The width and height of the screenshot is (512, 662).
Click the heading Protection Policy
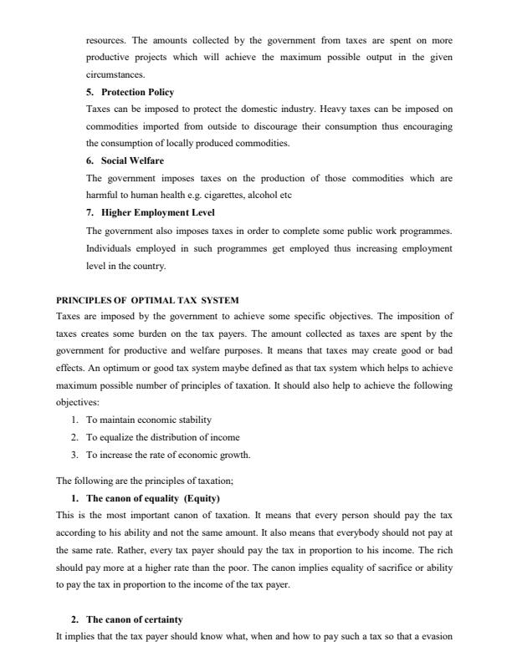coord(138,92)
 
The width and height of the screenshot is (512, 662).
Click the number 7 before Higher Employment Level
coord(90,212)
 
